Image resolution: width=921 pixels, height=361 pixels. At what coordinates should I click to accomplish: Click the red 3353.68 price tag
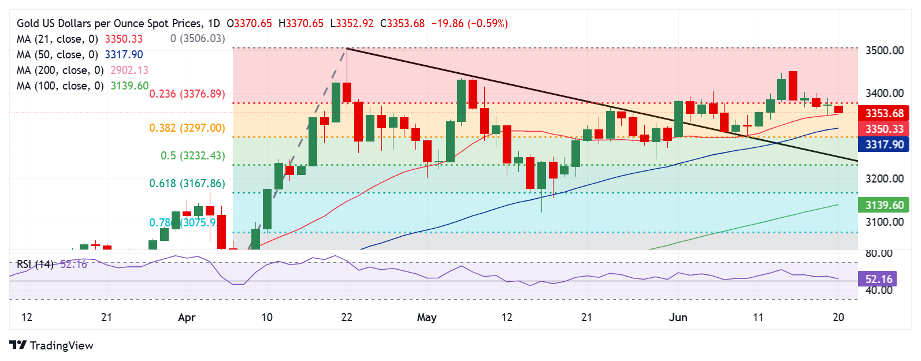[884, 113]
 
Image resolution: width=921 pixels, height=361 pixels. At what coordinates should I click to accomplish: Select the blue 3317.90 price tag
[884, 144]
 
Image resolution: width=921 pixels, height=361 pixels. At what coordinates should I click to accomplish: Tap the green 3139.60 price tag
[884, 205]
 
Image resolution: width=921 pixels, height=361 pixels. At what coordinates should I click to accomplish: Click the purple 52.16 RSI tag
[879, 280]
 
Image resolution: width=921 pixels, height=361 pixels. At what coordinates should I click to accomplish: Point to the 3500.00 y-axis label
[884, 51]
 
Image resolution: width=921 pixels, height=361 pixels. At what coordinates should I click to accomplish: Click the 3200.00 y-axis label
[884, 179]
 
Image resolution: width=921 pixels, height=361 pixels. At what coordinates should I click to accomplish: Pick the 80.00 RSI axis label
[879, 254]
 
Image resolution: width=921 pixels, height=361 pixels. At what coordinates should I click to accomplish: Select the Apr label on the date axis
[187, 318]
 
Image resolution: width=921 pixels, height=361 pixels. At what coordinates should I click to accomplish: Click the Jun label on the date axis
[678, 318]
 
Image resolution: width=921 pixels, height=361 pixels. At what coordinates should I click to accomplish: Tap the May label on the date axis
[426, 318]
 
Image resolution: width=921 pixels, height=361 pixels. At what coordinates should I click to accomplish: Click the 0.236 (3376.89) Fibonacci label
[187, 94]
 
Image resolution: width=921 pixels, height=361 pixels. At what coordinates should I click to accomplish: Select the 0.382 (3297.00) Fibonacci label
[187, 128]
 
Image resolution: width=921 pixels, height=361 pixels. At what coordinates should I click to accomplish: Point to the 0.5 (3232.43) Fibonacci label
[192, 156]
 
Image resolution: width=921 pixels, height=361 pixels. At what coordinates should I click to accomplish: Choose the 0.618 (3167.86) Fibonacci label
[187, 184]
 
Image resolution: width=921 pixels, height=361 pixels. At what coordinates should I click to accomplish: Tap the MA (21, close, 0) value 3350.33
[124, 39]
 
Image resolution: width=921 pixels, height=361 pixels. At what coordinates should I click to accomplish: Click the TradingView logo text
[61, 346]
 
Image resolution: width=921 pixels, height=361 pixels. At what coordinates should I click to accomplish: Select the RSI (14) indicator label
[35, 265]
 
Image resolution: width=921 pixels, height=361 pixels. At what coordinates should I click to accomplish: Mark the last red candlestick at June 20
[838, 109]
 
